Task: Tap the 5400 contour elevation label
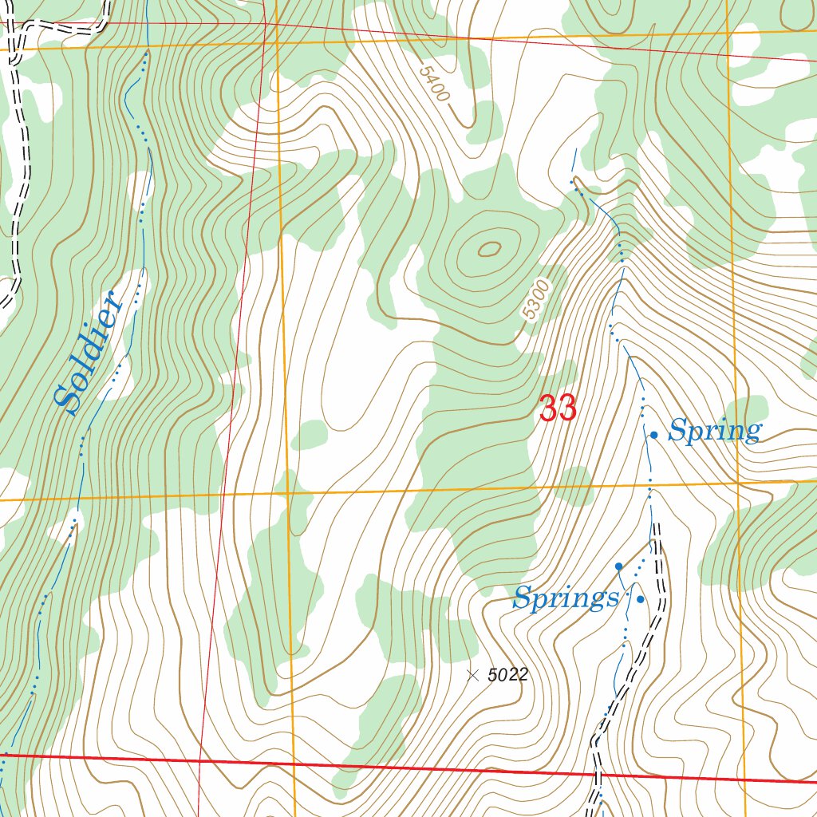click(x=435, y=83)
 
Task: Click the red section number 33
click(x=558, y=409)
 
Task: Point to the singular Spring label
click(x=714, y=432)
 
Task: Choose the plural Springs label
click(x=565, y=598)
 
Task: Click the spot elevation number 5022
click(x=507, y=675)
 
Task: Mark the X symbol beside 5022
click(x=472, y=675)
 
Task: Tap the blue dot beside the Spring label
click(x=653, y=435)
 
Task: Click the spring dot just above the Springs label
click(x=618, y=566)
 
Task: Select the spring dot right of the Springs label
click(x=640, y=599)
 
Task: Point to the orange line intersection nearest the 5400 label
click(x=277, y=41)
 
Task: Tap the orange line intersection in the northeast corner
click(x=727, y=33)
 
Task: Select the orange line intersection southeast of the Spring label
click(x=738, y=482)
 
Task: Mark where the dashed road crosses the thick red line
click(x=597, y=772)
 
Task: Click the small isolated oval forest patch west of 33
click(x=310, y=435)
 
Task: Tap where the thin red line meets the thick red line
click(x=199, y=760)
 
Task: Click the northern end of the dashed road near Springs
click(x=657, y=543)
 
